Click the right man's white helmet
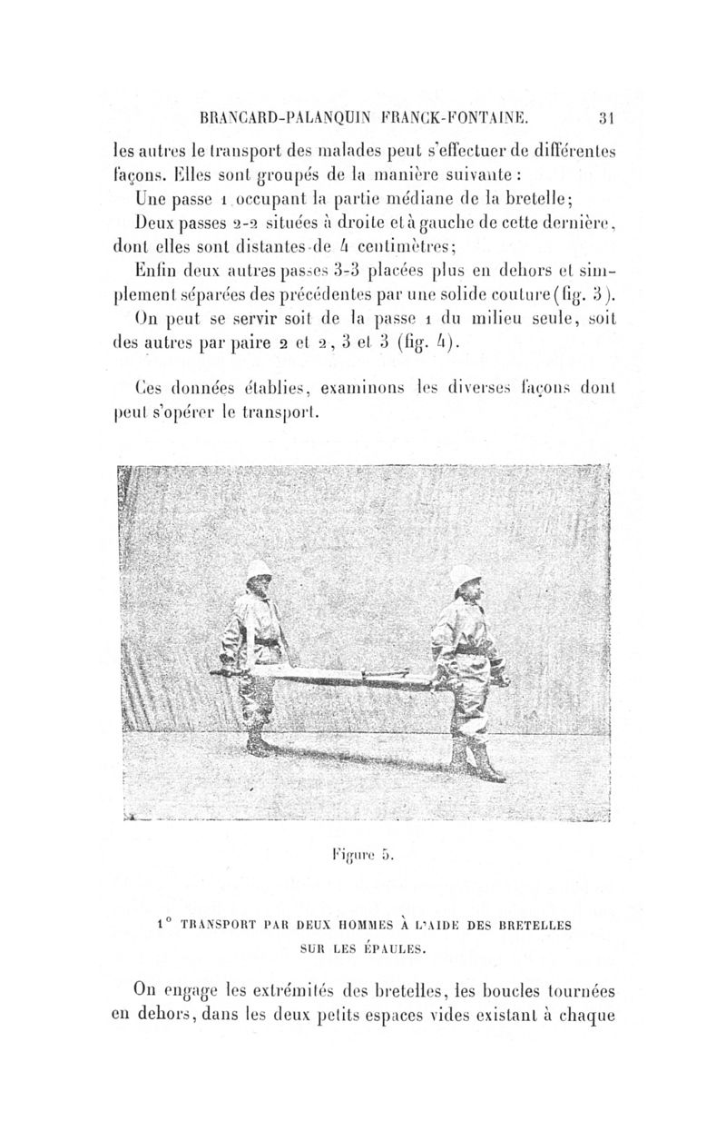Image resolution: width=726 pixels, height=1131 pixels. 465,574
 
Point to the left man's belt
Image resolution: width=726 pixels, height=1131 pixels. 265,641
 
